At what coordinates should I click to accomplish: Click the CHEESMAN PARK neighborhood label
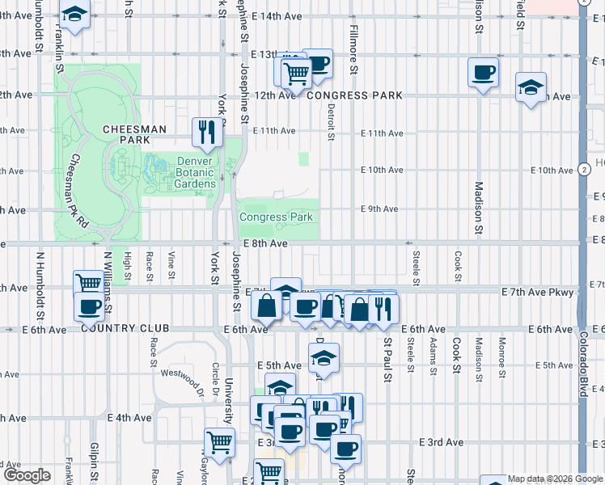pyautogui.click(x=134, y=134)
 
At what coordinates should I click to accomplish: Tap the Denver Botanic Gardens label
pyautogui.click(x=197, y=172)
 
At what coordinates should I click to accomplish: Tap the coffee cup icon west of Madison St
pyautogui.click(x=483, y=73)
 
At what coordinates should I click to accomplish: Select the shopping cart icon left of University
pyautogui.click(x=220, y=442)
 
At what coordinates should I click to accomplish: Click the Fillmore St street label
pyautogui.click(x=353, y=48)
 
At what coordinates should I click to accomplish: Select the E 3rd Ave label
pyautogui.click(x=441, y=442)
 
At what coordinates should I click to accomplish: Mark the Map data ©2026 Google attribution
pyautogui.click(x=555, y=479)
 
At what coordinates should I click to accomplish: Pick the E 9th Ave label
pyautogui.click(x=379, y=209)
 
